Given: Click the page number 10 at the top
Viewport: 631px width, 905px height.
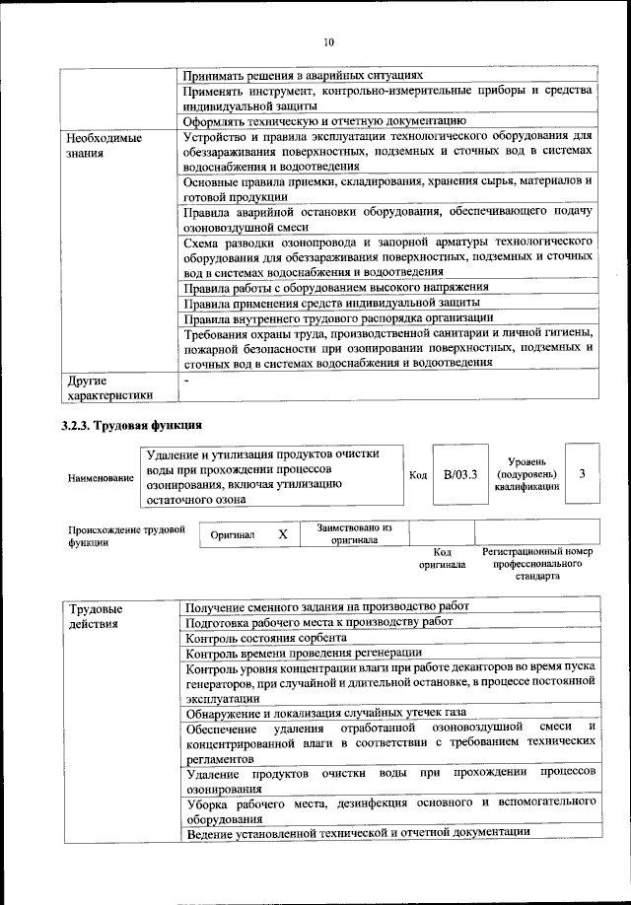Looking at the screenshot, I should [x=328, y=42].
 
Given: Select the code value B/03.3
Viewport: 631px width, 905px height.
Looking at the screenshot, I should [x=459, y=474].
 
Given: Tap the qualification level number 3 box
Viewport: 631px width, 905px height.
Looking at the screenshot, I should [x=582, y=473].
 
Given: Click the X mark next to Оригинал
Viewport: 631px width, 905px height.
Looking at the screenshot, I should [x=283, y=533].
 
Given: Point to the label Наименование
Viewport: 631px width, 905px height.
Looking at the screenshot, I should [x=101, y=477].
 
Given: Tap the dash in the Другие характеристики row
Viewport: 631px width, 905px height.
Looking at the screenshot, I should [x=186, y=379].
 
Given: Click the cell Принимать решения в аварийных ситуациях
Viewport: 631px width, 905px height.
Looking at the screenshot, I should [x=304, y=74].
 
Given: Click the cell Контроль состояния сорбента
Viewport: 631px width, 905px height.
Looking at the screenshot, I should [x=280, y=638].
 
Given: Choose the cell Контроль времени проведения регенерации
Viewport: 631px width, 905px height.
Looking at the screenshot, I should [x=304, y=654].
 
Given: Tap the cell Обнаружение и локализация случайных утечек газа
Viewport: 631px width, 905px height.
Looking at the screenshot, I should [x=326, y=712].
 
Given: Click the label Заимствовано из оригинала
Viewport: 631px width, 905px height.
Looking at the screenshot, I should [x=355, y=533].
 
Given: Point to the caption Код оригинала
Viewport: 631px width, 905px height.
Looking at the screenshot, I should [x=442, y=558].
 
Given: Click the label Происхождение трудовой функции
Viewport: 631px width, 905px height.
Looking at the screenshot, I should [x=126, y=535].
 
